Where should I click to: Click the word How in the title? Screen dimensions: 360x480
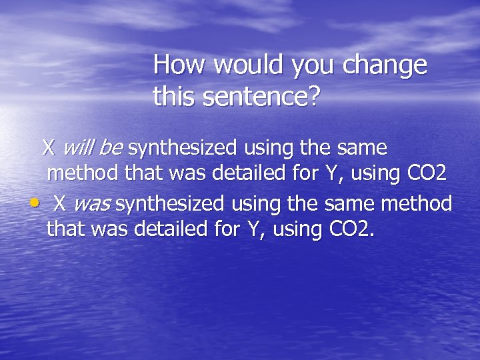coord(175,66)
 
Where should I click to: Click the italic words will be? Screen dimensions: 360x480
coord(95,146)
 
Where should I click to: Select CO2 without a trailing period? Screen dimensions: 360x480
coord(426,174)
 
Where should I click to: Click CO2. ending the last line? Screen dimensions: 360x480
coord(353,230)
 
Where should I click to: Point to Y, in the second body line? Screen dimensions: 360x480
coord(331,174)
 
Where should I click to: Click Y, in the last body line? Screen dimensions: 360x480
coord(254,230)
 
